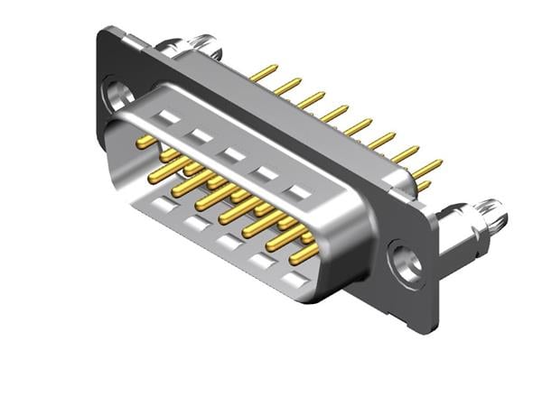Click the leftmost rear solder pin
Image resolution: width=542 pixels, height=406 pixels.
click(264, 72)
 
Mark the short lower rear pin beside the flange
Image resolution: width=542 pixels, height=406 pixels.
click(423, 186)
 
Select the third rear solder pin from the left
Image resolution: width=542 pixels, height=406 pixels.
click(312, 98)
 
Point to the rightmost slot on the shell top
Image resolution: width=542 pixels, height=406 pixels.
click(295, 192)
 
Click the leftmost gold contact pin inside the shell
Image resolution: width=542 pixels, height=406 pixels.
click(144, 142)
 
